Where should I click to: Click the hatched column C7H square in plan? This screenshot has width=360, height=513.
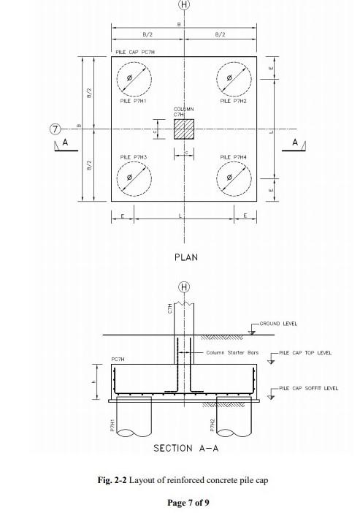tap(184, 129)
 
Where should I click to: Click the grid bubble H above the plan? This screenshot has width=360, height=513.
tap(184, 6)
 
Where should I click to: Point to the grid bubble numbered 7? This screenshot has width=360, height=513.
tap(54, 129)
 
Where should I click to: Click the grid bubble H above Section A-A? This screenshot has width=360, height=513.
tap(184, 286)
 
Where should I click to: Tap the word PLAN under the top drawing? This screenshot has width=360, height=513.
tap(185, 257)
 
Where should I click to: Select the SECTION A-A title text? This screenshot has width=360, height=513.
tap(185, 448)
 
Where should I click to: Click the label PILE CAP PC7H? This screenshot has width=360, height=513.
tap(135, 53)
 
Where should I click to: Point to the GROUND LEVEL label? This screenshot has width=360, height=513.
tap(278, 324)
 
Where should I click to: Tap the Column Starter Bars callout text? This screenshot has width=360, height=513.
tap(232, 353)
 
